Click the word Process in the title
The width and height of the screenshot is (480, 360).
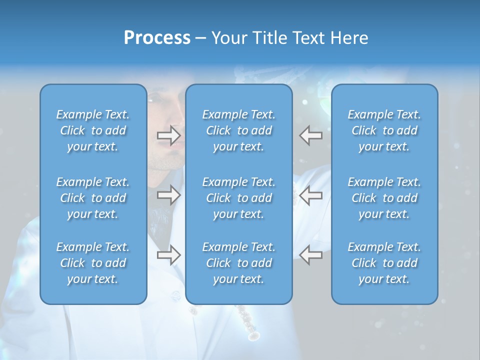tap(157, 38)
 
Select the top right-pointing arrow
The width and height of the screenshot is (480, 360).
tap(168, 135)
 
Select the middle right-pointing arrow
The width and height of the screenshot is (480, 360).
tap(168, 195)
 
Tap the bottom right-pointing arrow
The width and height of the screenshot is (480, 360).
tap(168, 255)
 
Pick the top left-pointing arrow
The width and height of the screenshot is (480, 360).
tap(311, 135)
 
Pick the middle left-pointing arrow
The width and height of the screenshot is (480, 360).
tap(311, 195)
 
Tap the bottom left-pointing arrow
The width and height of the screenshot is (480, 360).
tap(311, 255)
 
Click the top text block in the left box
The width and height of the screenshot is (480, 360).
tap(93, 130)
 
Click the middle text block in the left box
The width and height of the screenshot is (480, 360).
tap(93, 198)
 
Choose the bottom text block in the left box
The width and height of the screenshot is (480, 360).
tap(93, 263)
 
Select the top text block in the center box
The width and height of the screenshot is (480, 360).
tap(238, 130)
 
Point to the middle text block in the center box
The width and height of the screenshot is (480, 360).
tap(238, 198)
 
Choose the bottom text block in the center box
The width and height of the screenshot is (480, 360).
tap(238, 263)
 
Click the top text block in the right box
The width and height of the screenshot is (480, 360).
tap(384, 130)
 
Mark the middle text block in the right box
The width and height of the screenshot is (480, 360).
tap(384, 198)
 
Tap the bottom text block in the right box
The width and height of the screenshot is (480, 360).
tap(384, 263)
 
